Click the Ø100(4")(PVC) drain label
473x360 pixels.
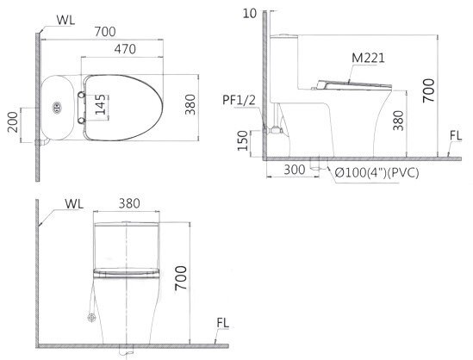(x=377, y=172)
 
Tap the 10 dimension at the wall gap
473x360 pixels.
(x=250, y=14)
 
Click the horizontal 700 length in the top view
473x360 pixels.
(x=105, y=31)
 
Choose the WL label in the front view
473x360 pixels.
(x=74, y=206)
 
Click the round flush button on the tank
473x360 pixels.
(x=58, y=109)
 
